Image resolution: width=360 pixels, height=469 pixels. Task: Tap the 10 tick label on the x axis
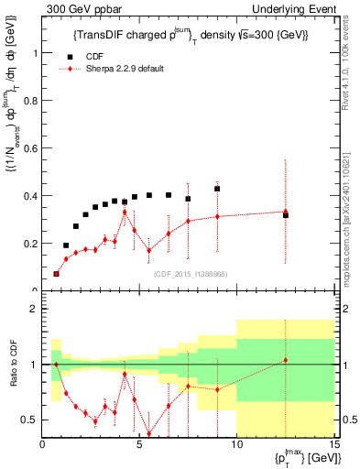[236, 445]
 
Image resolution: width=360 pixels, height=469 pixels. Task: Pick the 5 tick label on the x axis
[139, 445]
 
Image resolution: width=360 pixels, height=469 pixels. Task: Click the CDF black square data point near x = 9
[217, 189]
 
